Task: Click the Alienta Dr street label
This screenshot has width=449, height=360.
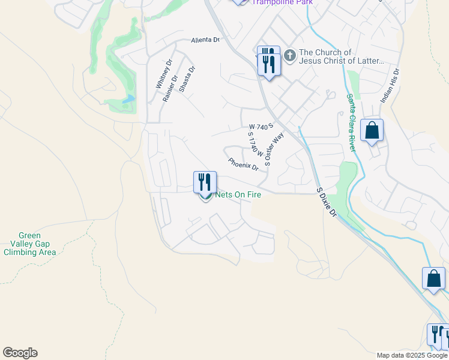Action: click(205, 40)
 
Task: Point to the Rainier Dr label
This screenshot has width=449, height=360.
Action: click(170, 88)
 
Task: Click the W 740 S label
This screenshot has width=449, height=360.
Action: click(261, 127)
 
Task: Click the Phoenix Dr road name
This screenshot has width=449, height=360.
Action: click(243, 163)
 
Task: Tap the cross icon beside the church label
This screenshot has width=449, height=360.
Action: click(290, 56)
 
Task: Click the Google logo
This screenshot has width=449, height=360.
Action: click(20, 353)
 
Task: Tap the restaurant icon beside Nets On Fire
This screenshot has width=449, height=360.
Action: click(205, 182)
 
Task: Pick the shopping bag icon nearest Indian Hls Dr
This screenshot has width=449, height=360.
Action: click(372, 130)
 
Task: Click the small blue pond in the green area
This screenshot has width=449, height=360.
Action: click(128, 99)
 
